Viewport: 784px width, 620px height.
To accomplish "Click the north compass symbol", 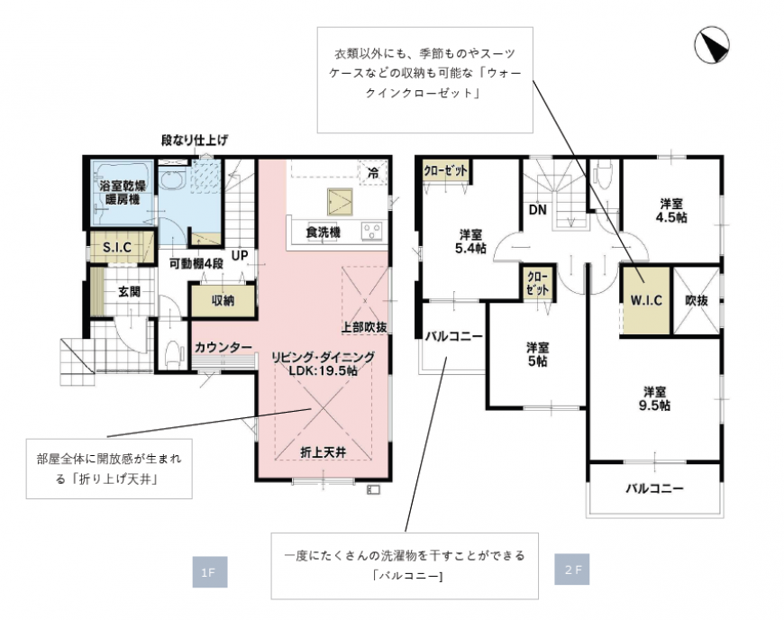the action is tap(712, 46).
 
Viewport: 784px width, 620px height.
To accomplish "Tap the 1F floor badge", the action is tap(209, 572).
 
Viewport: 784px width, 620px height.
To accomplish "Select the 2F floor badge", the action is tap(572, 569).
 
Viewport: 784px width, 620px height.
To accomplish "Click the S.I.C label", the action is tap(117, 247).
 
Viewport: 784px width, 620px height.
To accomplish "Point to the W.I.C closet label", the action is tap(645, 300).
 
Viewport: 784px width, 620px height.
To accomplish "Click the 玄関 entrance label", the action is tap(129, 291).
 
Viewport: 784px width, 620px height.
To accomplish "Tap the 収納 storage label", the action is tap(223, 300).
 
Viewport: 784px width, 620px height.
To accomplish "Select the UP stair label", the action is tap(240, 256).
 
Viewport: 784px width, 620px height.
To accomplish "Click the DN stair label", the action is tap(537, 209).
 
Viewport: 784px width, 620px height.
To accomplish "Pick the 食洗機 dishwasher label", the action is tap(323, 232).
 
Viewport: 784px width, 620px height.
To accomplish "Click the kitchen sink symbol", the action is tap(340, 202).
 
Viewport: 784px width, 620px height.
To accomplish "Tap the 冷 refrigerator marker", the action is tap(373, 173).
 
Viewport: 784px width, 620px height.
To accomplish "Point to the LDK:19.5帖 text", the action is tap(323, 370).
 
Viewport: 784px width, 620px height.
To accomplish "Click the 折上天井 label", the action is tap(323, 452).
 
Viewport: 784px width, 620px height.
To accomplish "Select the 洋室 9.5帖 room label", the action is tap(654, 398).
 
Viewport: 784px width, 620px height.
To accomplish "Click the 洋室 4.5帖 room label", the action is tap(671, 211).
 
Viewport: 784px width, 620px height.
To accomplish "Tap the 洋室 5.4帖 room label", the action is tap(470, 242).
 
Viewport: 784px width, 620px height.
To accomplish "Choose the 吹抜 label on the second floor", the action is tap(697, 300).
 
